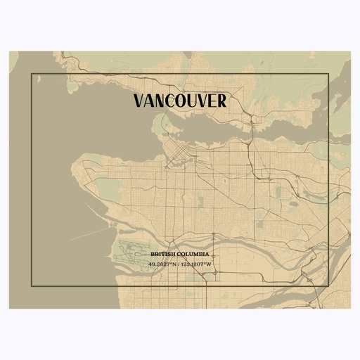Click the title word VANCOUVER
click(179, 101)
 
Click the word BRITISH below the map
click(161, 255)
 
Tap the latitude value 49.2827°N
click(162, 264)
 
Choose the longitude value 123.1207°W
click(197, 264)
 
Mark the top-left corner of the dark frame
click(31, 73)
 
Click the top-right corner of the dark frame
click(329, 73)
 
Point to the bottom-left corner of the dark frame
click(31, 286)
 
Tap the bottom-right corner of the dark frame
click(329, 286)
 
